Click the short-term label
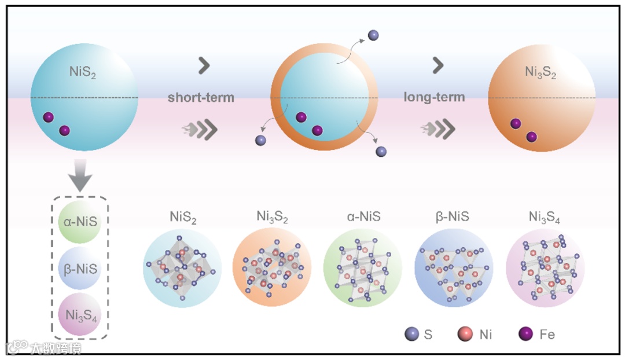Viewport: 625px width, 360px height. pyautogui.click(x=201, y=97)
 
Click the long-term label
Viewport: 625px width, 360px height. pyautogui.click(x=434, y=97)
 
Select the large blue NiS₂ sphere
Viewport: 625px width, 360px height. pyautogui.click(x=84, y=97)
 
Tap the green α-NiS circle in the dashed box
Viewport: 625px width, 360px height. pyautogui.click(x=79, y=221)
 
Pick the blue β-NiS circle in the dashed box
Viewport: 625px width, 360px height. pyautogui.click(x=79, y=269)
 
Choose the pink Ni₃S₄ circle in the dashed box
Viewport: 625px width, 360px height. pyautogui.click(x=79, y=316)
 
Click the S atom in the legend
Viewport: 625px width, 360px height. pyautogui.click(x=411, y=334)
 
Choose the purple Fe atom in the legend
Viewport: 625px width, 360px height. pyautogui.click(x=526, y=334)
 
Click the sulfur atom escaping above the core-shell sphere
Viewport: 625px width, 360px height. pyautogui.click(x=373, y=35)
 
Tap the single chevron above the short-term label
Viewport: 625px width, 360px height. pyautogui.click(x=204, y=66)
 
